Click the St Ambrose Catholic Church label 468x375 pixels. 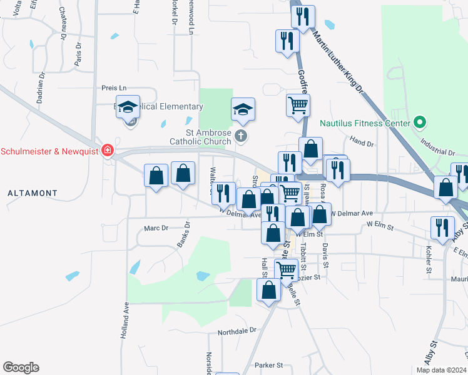(200, 137)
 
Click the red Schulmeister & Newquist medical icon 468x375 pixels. (108, 151)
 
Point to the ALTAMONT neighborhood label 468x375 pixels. (33, 194)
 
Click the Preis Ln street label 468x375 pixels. (114, 88)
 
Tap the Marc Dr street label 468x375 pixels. (157, 228)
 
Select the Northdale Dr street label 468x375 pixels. (237, 330)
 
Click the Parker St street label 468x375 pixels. (269, 365)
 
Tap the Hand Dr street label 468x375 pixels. (362, 143)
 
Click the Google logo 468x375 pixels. (21, 367)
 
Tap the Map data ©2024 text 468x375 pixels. (440, 370)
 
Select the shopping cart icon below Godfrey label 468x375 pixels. (298, 104)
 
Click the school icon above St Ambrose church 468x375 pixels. (243, 110)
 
